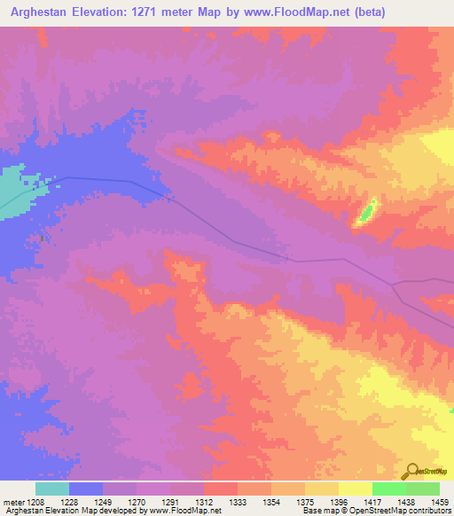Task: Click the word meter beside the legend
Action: point(15,501)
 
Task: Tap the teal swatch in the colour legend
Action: point(51,489)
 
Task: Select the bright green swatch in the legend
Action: point(388,489)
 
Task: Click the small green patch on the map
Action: point(365,213)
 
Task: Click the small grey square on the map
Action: point(42,238)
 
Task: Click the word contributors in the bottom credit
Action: point(430,512)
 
